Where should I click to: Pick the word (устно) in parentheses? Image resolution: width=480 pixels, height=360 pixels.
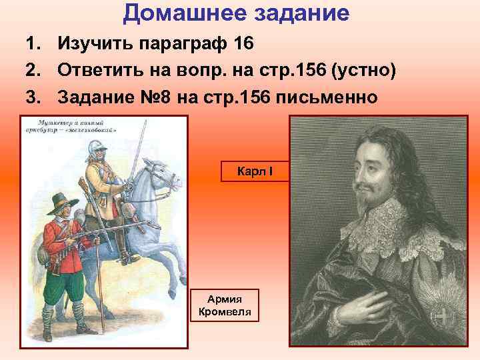click(x=361, y=71)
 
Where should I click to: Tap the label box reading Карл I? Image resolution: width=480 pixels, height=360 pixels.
click(x=254, y=171)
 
